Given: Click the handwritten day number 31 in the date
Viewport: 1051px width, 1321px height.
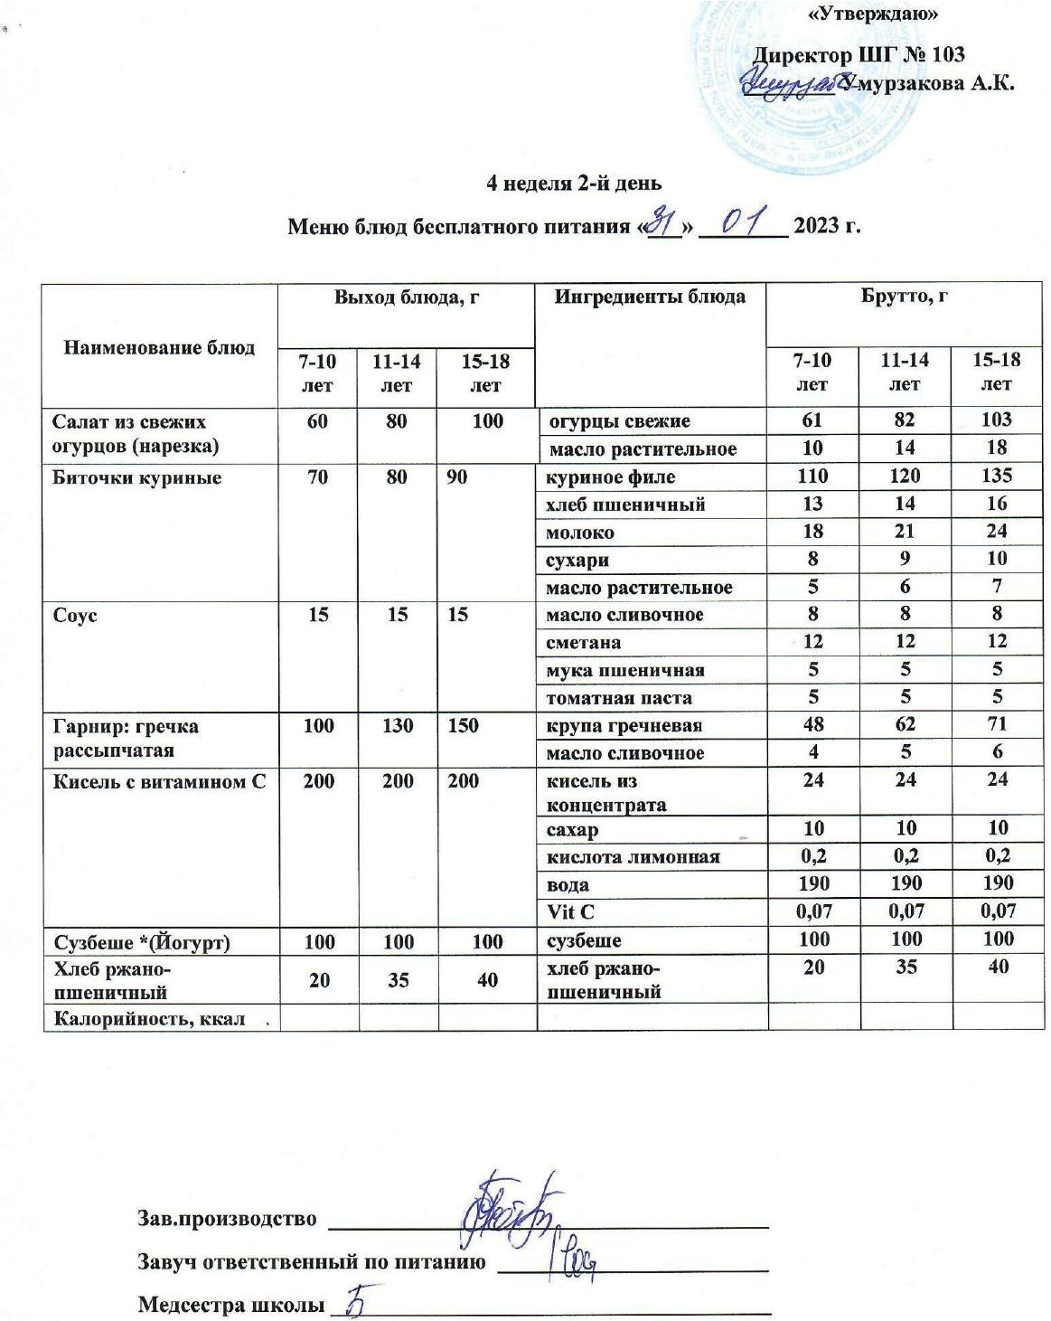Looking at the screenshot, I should click(x=666, y=220).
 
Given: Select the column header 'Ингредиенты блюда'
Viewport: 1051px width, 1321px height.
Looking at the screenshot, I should click(x=650, y=297).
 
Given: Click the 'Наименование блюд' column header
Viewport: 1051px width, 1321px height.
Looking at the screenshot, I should click(x=159, y=347).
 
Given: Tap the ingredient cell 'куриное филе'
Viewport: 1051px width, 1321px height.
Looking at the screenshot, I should click(x=611, y=477).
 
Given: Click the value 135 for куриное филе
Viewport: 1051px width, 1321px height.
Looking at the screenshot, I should click(x=996, y=476).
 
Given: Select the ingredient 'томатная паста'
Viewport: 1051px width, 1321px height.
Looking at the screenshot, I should click(x=619, y=698).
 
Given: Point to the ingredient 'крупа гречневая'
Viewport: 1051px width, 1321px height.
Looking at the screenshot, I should click(x=624, y=726).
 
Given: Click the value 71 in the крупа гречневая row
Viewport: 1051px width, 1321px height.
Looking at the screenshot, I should click(x=996, y=724).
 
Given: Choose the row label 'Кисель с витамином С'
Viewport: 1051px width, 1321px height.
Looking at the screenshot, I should click(x=159, y=780).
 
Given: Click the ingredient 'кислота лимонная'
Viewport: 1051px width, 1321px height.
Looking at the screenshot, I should click(x=633, y=856).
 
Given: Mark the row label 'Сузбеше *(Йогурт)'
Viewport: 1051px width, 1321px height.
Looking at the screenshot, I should click(x=142, y=942).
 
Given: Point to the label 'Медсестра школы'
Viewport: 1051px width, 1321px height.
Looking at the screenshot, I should click(x=230, y=1305).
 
